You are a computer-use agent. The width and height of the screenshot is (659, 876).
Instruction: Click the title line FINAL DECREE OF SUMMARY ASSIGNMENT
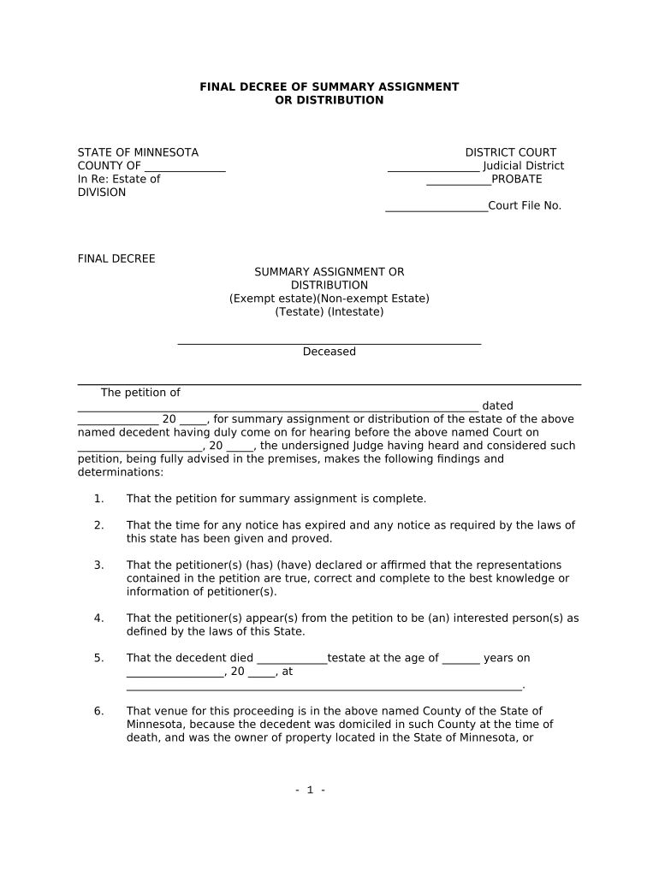(x=329, y=87)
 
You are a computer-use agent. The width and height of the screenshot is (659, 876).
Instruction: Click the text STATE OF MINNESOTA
(x=138, y=153)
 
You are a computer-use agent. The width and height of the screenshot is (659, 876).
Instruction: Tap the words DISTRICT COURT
(x=510, y=153)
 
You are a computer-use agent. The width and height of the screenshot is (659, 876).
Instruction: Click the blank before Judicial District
(x=433, y=167)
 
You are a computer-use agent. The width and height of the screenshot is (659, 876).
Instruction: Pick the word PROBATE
(x=517, y=180)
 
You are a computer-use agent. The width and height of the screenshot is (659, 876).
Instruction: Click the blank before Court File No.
(x=436, y=206)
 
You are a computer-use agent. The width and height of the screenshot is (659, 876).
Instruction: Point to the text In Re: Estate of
(x=119, y=180)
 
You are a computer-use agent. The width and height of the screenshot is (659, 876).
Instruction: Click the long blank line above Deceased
(x=329, y=342)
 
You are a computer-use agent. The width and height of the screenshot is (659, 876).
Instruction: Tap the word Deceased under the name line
(x=329, y=352)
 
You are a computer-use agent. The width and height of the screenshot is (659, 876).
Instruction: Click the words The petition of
(x=140, y=394)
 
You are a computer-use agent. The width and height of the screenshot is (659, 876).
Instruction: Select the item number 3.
(x=99, y=565)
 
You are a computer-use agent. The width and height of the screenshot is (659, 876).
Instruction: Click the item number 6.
(x=99, y=712)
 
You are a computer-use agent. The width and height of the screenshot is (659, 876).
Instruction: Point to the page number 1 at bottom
(x=310, y=790)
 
